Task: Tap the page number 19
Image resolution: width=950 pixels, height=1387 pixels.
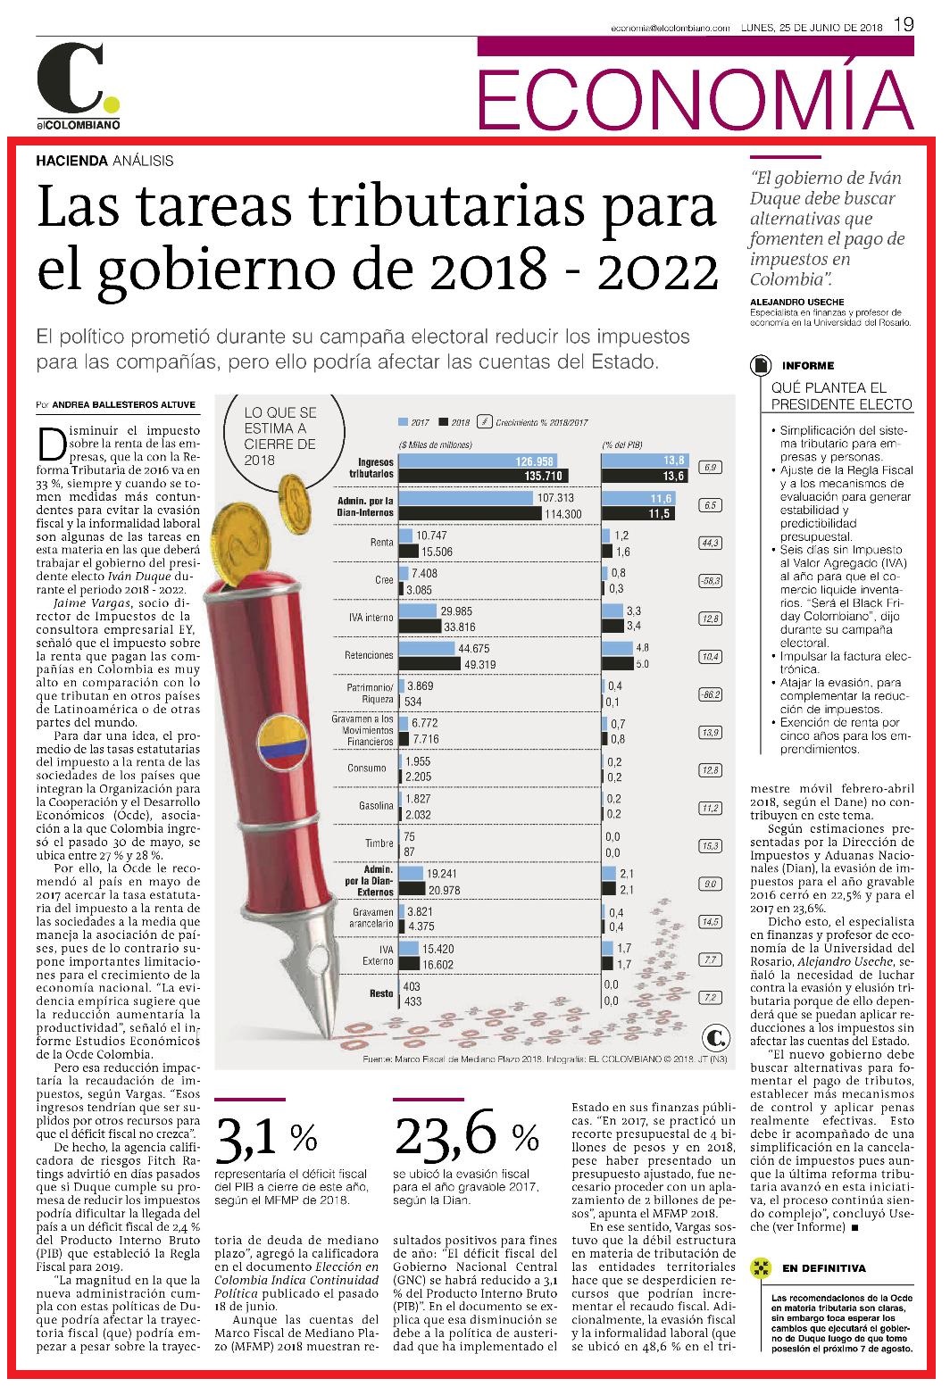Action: tap(904, 25)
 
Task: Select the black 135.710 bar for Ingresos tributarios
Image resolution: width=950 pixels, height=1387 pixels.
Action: tap(483, 476)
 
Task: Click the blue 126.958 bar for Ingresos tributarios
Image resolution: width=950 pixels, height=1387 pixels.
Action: tap(477, 461)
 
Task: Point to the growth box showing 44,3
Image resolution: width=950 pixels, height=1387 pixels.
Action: tap(710, 543)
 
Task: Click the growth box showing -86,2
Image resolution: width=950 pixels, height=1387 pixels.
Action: tap(710, 694)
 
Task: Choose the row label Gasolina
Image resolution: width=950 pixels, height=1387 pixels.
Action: tap(376, 806)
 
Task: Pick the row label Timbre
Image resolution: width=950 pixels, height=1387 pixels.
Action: tap(379, 843)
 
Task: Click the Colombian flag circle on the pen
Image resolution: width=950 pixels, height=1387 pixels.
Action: tap(282, 740)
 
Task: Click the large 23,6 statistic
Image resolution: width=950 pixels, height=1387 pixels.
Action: tap(446, 1137)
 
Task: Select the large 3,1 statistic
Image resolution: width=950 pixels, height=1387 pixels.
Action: tap(246, 1138)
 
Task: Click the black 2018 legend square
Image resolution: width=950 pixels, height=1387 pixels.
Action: tap(444, 422)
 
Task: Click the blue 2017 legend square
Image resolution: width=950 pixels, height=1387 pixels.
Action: tap(403, 422)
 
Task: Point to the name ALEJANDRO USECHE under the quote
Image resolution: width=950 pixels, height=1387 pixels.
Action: tap(797, 302)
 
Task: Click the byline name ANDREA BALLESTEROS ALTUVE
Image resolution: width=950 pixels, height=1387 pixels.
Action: tap(124, 405)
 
